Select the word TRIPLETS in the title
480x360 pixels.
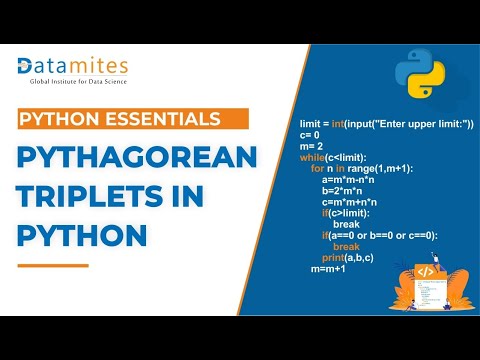click(80, 198)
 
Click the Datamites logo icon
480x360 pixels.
click(28, 67)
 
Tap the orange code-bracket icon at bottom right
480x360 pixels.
click(425, 271)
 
